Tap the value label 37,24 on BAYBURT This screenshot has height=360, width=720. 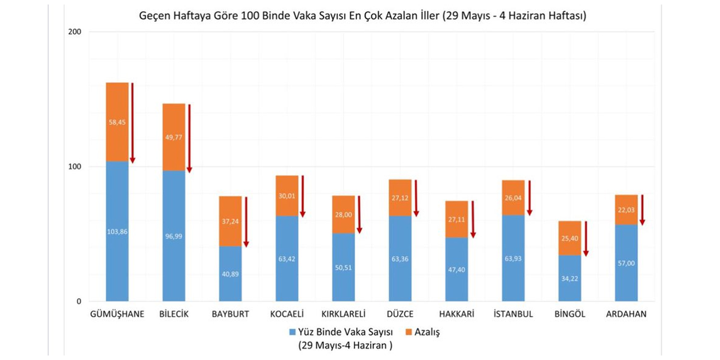click(x=230, y=222)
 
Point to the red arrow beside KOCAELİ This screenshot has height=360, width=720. click(x=302, y=196)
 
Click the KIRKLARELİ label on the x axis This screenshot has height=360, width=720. click(x=343, y=314)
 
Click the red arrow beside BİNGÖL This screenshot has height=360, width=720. click(x=586, y=238)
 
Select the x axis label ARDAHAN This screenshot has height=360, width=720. click(x=626, y=314)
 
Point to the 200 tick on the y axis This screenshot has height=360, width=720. click(x=75, y=32)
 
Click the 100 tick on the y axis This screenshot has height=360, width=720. click(x=75, y=166)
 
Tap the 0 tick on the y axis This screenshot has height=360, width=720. click(x=79, y=301)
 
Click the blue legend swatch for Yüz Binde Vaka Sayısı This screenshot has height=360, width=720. click(x=292, y=332)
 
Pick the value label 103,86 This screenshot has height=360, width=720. click(x=117, y=231)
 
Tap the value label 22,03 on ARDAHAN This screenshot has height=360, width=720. click(x=626, y=210)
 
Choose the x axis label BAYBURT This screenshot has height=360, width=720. click(x=230, y=314)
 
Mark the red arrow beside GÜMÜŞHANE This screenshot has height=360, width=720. click(x=132, y=123)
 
